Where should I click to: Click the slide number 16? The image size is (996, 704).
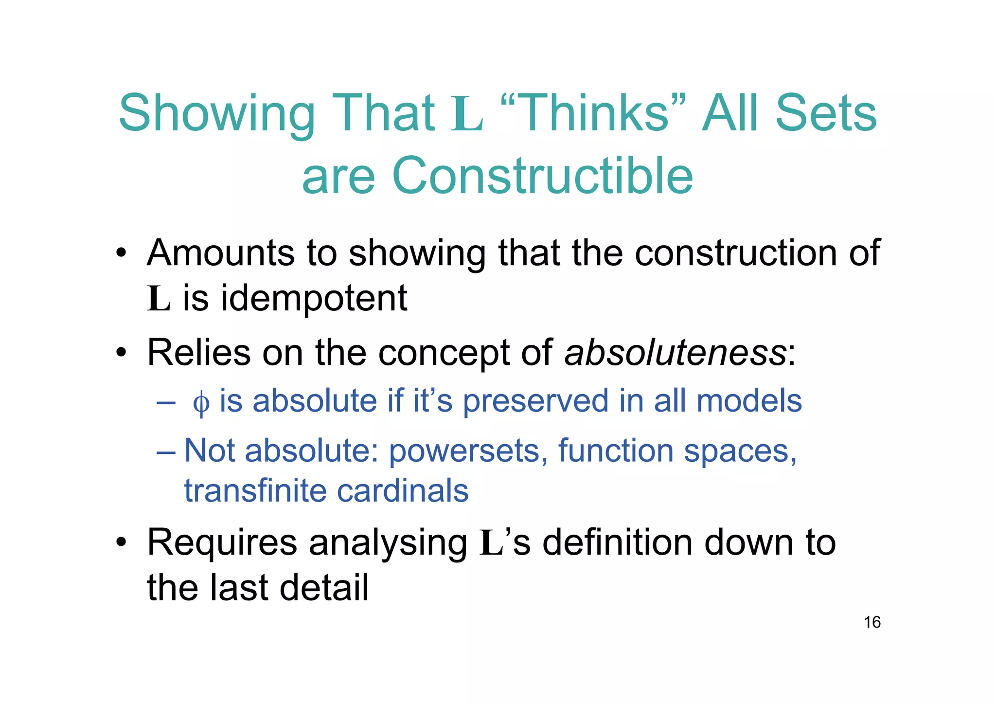pyautogui.click(x=872, y=622)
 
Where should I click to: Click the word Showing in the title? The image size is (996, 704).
pyautogui.click(x=217, y=114)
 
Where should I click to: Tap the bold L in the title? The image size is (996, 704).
pyautogui.click(x=467, y=114)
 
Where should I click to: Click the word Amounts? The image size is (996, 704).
pyautogui.click(x=220, y=253)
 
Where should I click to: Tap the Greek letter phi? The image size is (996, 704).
pyautogui.click(x=201, y=402)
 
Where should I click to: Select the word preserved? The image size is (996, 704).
pyautogui.click(x=535, y=401)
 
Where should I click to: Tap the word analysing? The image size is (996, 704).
pyautogui.click(x=388, y=543)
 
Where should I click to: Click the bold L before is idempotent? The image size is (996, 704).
pyautogui.click(x=159, y=299)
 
